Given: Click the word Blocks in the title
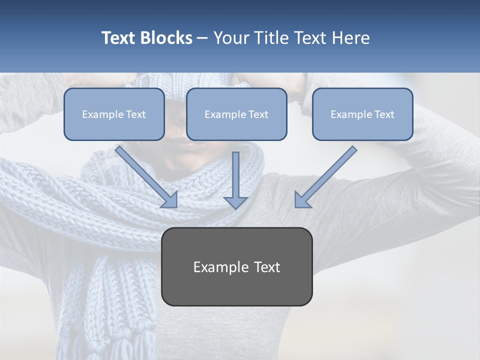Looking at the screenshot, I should [167, 38].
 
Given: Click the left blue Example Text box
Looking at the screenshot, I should [114, 114].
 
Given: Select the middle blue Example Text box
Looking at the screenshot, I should [236, 114].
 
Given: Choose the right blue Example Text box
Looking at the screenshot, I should [362, 114].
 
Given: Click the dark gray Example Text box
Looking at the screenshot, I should [236, 266].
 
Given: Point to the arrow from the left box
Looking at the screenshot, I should [145, 175].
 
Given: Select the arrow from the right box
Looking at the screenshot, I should [327, 175].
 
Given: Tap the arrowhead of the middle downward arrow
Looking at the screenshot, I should [235, 202].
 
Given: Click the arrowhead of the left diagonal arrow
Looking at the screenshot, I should [170, 199].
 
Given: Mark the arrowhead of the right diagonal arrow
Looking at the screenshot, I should [302, 199].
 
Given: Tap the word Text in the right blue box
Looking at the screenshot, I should [384, 114].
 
